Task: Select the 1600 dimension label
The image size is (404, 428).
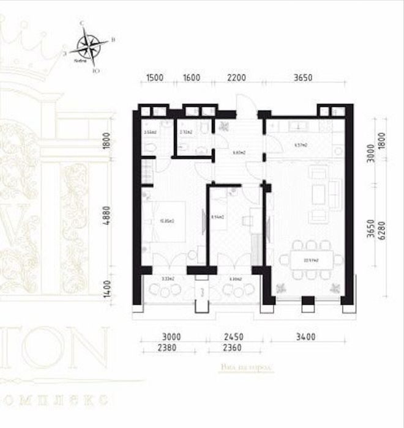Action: (x=192, y=78)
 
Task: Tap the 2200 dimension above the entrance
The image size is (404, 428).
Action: (x=236, y=78)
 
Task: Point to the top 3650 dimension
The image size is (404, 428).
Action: (x=302, y=78)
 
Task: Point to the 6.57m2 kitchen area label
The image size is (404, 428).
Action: (x=301, y=146)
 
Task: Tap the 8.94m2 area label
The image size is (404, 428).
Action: (x=217, y=216)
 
